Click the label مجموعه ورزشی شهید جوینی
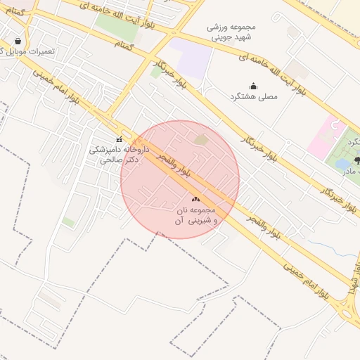click(232, 31)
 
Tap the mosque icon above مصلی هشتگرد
click(253, 86)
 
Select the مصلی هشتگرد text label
click(253, 96)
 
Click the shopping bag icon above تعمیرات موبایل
click(17, 41)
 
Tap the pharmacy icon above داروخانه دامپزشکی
click(118, 139)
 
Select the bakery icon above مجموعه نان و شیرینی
click(195, 200)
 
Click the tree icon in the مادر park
click(358, 160)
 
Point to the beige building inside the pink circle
click(201, 140)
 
